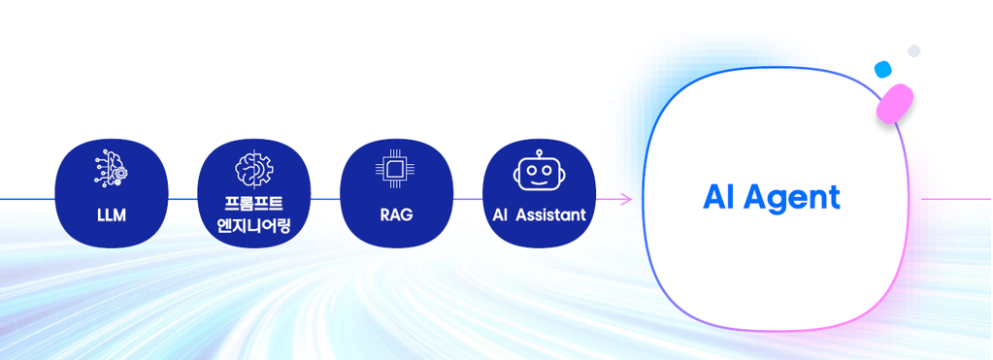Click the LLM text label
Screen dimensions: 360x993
(x=112, y=214)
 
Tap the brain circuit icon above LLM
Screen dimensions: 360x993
(x=112, y=169)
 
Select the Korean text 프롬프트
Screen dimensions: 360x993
(x=254, y=205)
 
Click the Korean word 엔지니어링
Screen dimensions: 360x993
(x=254, y=226)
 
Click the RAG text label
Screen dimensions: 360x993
(x=396, y=214)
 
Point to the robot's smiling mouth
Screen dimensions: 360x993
(x=538, y=180)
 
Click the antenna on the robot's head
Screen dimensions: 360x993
(x=538, y=154)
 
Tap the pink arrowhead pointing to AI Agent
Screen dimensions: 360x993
(x=626, y=199)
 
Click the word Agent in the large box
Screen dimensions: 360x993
(x=798, y=198)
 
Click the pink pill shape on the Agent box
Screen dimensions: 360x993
(x=895, y=103)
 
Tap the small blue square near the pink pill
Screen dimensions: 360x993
(x=882, y=69)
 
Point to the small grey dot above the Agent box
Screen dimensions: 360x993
(x=913, y=50)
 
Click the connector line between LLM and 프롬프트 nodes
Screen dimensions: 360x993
(x=182, y=199)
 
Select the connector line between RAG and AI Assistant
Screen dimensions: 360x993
(x=468, y=199)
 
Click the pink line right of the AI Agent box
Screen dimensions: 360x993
(x=956, y=199)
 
